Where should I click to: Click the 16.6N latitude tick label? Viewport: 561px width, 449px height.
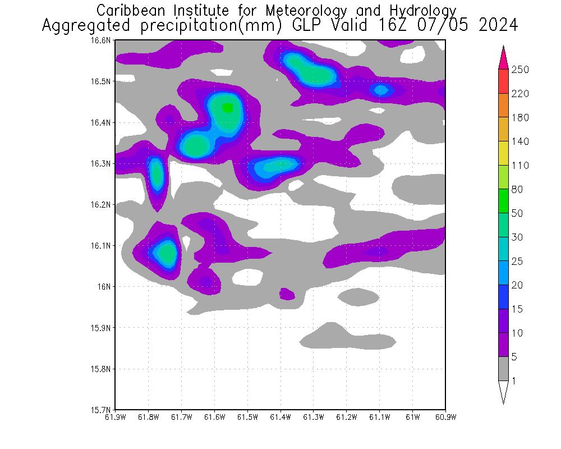coord(102,40)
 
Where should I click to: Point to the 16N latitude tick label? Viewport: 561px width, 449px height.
coord(105,287)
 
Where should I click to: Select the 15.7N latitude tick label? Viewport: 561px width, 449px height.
coord(102,410)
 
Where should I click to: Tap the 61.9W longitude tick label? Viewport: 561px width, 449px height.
coord(116,417)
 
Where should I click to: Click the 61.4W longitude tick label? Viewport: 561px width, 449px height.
coord(280,417)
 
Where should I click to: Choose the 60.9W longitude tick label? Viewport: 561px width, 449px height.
coord(445,417)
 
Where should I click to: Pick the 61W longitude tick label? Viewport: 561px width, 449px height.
coord(412,417)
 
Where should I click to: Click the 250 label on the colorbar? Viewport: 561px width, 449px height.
coord(520,70)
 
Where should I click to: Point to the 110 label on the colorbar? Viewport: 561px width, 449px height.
coord(520,166)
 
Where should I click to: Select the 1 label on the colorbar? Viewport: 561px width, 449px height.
coord(513,381)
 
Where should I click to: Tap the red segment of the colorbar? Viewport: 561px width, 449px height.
coord(503,81)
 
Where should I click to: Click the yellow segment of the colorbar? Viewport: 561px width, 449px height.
coord(503,153)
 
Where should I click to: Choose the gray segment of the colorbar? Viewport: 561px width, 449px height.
coord(503,369)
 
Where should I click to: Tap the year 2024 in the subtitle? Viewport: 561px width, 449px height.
coord(498,26)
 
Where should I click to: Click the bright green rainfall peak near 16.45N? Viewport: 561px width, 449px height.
coord(227,108)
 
